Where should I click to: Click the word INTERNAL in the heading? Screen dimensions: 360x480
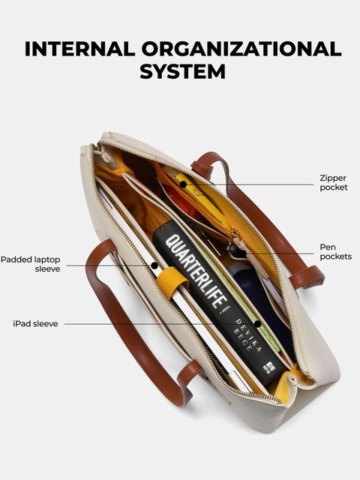tap(80, 49)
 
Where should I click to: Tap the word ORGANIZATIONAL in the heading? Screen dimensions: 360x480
tap(241, 49)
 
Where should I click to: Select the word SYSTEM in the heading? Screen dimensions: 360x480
tap(183, 71)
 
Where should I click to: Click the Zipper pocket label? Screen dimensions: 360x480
tap(333, 182)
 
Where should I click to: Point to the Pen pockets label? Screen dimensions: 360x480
tap(335, 252)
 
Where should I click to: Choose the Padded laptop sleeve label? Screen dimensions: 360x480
tap(30, 264)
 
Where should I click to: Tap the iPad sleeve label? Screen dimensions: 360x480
tap(35, 323)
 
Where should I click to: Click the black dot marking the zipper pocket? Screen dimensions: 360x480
tap(183, 184)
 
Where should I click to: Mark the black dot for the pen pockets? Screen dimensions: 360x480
tap(242, 253)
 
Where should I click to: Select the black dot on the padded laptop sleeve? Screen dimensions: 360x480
tap(155, 265)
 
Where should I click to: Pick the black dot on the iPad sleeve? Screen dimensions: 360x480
tap(258, 324)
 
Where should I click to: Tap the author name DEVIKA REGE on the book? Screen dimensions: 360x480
tap(247, 335)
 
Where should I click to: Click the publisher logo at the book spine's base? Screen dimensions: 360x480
tap(269, 367)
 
